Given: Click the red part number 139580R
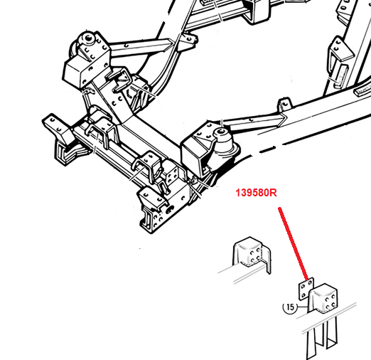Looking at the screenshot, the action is pyautogui.click(x=256, y=193).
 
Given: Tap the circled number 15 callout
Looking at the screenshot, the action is pyautogui.click(x=290, y=307).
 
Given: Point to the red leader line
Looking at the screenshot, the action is pyautogui.click(x=294, y=243).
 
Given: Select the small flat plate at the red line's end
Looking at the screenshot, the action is pyautogui.click(x=306, y=289).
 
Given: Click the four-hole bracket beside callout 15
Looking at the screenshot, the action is pyautogui.click(x=323, y=298).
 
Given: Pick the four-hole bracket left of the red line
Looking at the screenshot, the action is pyautogui.click(x=252, y=254).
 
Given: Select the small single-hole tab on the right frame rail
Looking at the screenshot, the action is pyautogui.click(x=284, y=105).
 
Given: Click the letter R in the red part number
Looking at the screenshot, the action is pyautogui.click(x=274, y=193).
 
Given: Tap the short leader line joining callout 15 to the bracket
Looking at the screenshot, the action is pyautogui.click(x=302, y=307).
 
